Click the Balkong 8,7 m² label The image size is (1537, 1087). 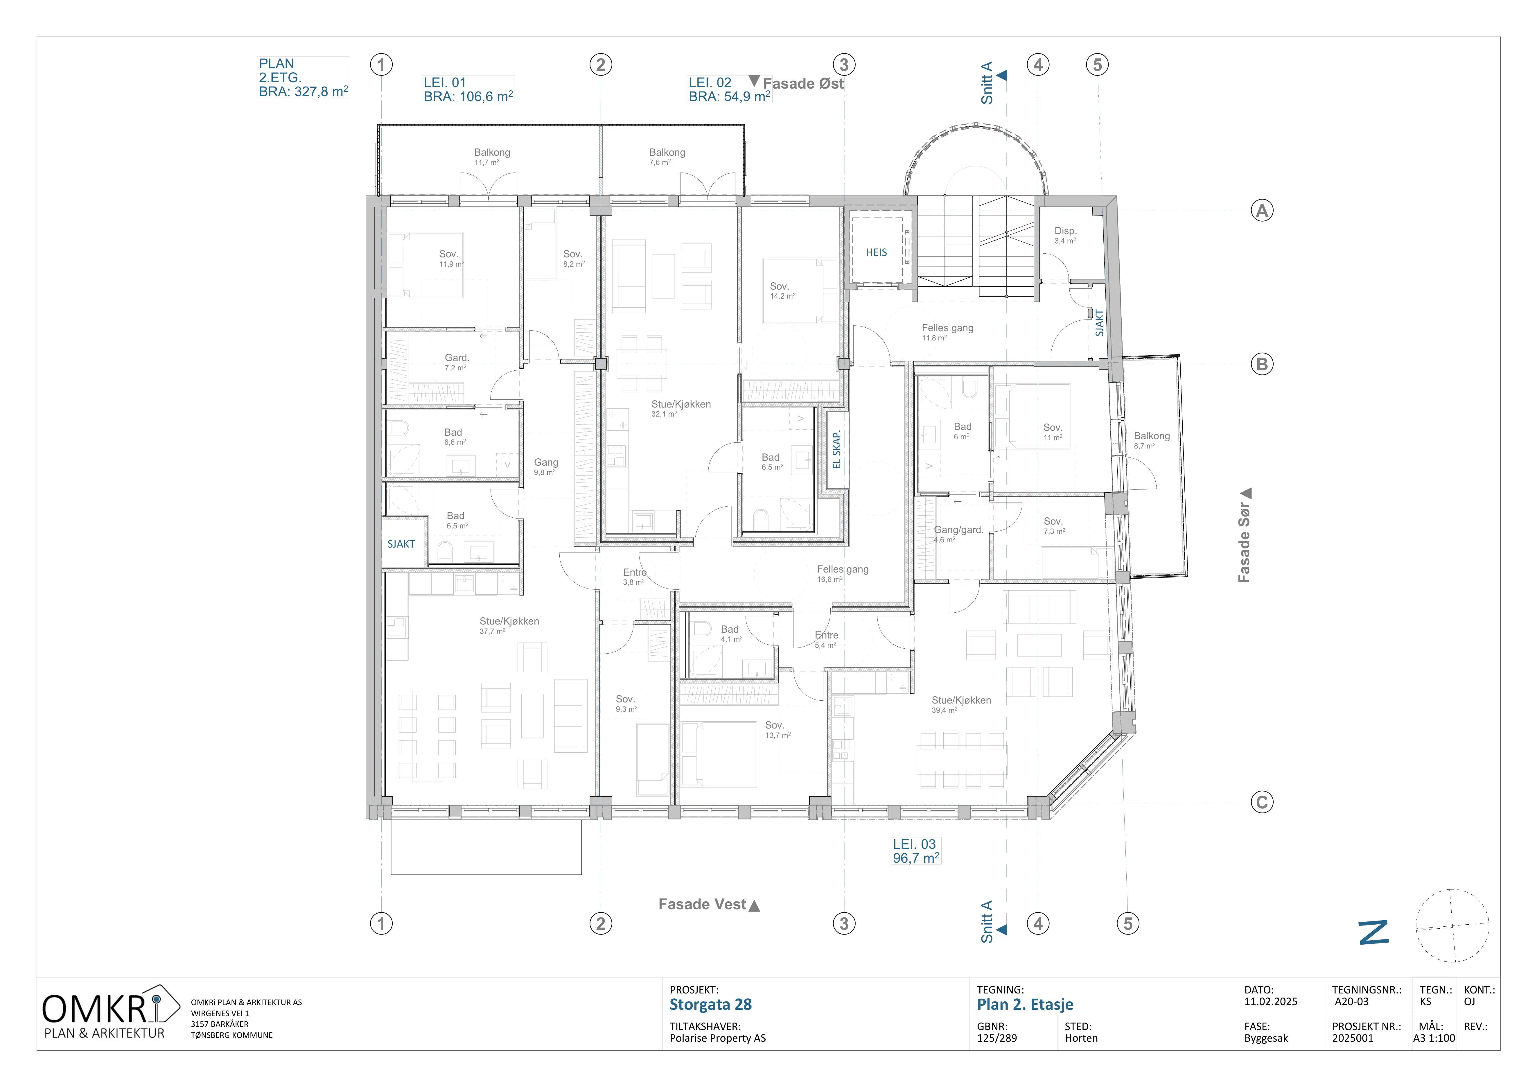[x=1151, y=440]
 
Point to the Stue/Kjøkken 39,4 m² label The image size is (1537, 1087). [x=961, y=705]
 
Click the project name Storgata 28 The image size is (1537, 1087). [x=710, y=1005]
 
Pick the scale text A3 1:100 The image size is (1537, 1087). [x=1434, y=1038]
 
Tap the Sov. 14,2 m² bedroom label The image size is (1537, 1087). [x=782, y=290]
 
